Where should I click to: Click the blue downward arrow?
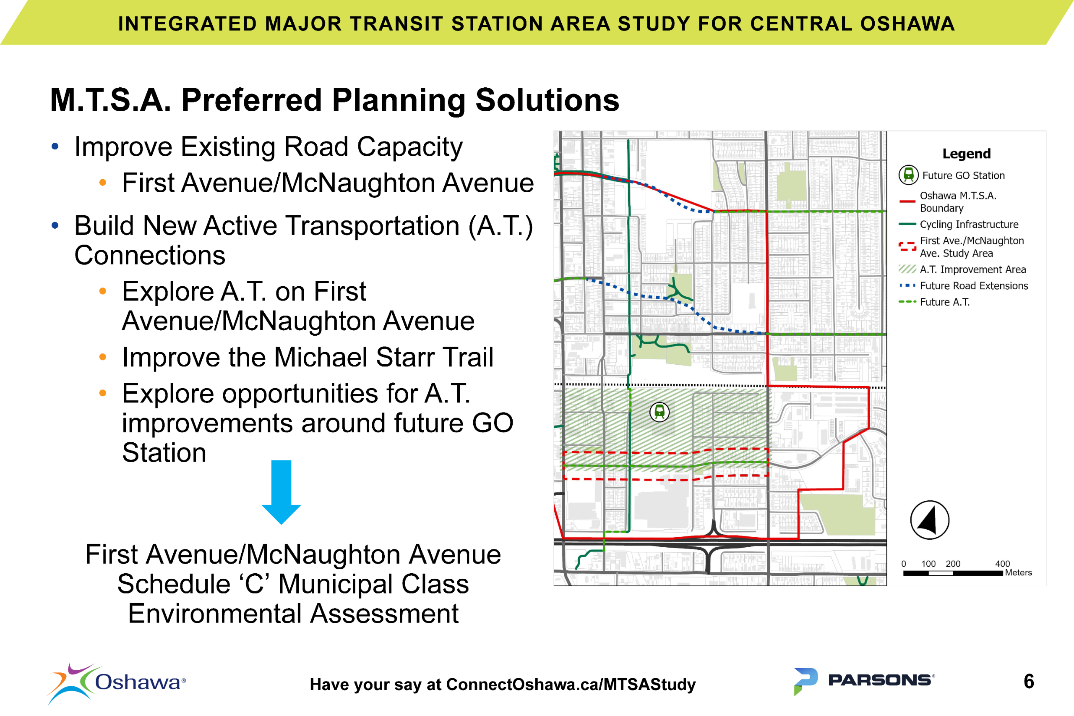[281, 491]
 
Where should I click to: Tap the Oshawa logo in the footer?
[116, 683]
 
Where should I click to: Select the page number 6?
[1028, 681]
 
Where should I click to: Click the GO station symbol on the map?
[659, 412]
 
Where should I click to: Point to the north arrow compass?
[929, 520]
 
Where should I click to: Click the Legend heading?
[966, 154]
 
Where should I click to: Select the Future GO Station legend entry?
[963, 175]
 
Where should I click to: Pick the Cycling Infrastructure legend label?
[969, 224]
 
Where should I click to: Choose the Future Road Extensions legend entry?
[973, 286]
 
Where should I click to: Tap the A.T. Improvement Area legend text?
[972, 269]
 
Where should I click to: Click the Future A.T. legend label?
[944, 302]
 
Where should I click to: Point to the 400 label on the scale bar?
[1002, 564]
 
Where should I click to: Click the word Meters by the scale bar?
[1018, 572]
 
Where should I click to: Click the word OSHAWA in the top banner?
[907, 24]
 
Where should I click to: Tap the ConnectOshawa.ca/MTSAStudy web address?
[571, 684]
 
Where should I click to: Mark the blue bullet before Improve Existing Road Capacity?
[55, 146]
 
